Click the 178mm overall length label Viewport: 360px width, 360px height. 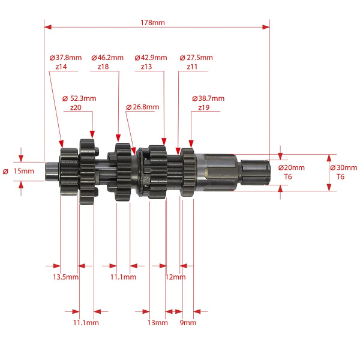click(x=152, y=23)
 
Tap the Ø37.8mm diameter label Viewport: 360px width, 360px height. click(x=65, y=58)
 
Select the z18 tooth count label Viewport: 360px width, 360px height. click(x=103, y=67)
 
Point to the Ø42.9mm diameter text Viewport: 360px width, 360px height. click(x=151, y=58)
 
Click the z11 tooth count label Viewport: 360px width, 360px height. click(x=192, y=67)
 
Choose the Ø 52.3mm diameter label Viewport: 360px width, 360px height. click(x=79, y=98)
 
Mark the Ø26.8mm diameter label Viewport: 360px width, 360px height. click(x=143, y=107)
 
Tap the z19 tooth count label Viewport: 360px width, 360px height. click(x=204, y=107)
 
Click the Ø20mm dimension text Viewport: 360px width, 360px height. click(x=292, y=167)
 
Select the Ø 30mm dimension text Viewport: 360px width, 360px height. click(x=343, y=167)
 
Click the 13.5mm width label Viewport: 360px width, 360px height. click(x=65, y=277)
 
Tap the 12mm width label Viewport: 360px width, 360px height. click(x=175, y=277)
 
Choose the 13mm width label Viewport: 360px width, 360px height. click(x=157, y=323)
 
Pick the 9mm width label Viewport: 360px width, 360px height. click(x=188, y=323)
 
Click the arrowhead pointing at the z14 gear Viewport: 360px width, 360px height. click(x=61, y=144)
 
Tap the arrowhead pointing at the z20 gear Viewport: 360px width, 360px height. click(x=92, y=134)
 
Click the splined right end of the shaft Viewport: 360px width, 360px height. click(x=255, y=172)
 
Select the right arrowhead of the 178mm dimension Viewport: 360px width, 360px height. click(x=266, y=27)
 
